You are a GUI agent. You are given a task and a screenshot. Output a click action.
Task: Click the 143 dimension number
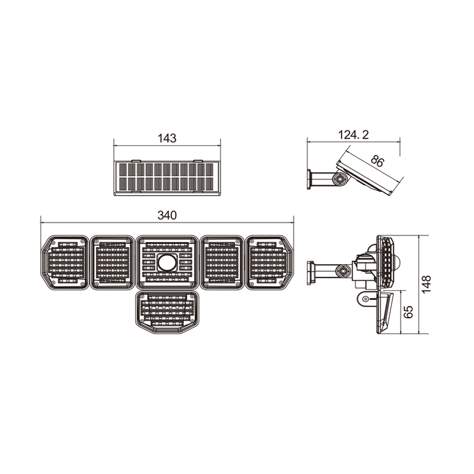167,139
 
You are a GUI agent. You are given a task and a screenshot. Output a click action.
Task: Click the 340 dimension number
167,216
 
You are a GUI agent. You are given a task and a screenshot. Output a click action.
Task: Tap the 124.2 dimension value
353,135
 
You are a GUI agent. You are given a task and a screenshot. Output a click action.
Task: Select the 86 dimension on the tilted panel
377,160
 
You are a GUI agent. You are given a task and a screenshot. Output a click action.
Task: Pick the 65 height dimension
408,312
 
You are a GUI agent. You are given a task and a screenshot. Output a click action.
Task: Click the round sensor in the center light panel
166,262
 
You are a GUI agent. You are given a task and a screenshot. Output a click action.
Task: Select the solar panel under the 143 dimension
166,177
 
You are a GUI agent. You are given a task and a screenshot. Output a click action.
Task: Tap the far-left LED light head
64,262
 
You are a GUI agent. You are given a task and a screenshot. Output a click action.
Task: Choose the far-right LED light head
270,262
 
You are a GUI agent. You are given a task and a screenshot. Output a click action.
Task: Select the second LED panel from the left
112,262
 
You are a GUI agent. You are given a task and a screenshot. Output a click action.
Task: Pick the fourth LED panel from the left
221,262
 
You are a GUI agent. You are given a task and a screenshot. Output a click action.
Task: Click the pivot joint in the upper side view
339,178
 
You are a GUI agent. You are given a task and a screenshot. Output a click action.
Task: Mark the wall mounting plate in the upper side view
309,179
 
